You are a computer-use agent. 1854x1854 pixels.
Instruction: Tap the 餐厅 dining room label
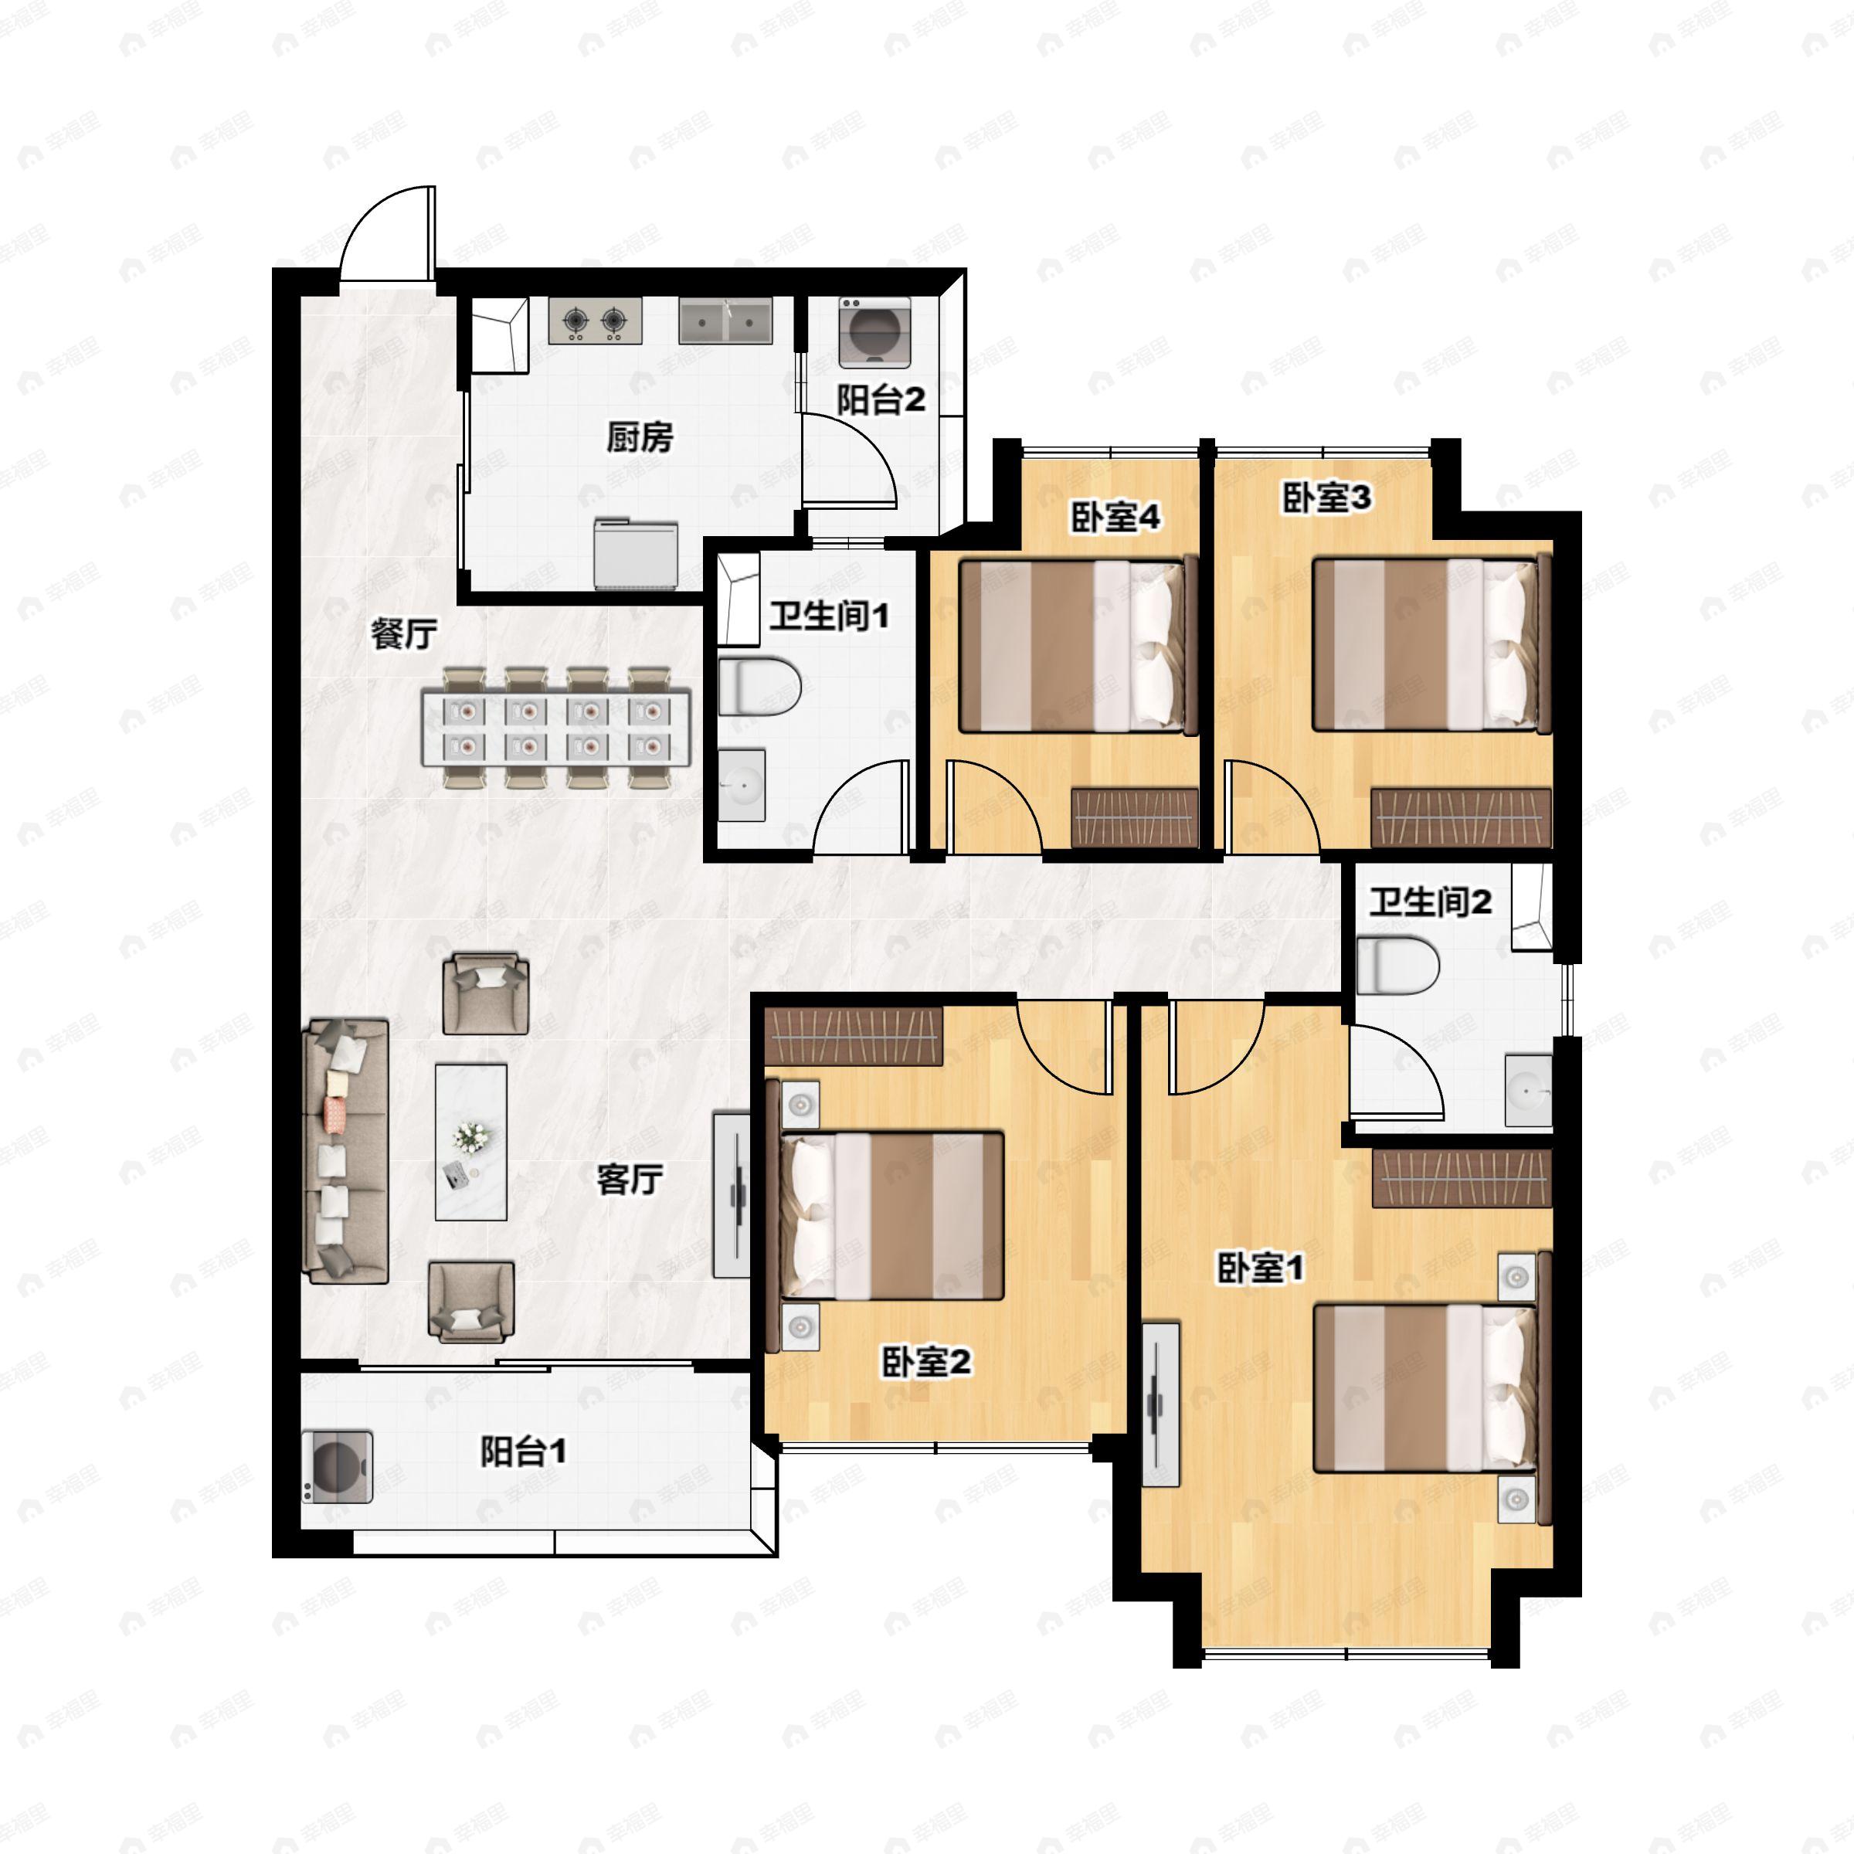click(404, 633)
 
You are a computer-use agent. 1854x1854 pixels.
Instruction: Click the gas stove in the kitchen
click(595, 321)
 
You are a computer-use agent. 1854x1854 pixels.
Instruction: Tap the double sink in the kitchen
click(725, 321)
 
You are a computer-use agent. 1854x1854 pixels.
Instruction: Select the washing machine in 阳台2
click(874, 332)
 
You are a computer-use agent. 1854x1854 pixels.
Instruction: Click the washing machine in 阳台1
click(337, 1467)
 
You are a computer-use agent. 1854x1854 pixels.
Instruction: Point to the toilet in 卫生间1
click(759, 686)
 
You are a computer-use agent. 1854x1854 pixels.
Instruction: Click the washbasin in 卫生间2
click(1528, 1090)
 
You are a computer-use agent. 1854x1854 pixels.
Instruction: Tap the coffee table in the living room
click(471, 1141)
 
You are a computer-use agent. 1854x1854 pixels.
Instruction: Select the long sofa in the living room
click(346, 1152)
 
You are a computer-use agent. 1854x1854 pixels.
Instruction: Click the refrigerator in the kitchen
click(635, 554)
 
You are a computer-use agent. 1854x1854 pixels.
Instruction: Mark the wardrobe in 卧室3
click(1461, 817)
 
